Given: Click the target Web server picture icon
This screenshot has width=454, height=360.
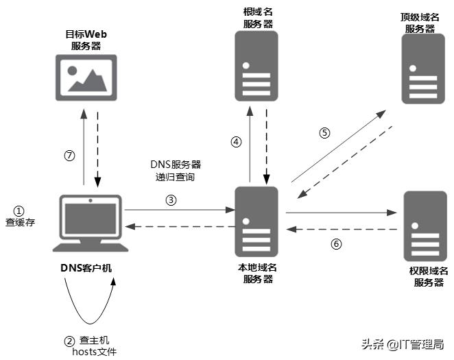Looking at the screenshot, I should [86, 76].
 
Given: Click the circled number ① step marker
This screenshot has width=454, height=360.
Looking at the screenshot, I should [19, 211].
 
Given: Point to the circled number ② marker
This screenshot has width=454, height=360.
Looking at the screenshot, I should [69, 340].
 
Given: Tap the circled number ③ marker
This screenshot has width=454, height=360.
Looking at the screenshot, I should [171, 200].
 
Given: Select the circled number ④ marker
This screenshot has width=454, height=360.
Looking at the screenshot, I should [236, 143].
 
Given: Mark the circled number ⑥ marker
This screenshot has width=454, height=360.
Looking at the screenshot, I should [335, 243].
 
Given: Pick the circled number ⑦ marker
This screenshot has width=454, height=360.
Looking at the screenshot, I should [69, 156].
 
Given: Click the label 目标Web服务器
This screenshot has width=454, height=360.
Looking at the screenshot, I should [86, 40].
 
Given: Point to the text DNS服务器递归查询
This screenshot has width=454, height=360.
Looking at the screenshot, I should [176, 171].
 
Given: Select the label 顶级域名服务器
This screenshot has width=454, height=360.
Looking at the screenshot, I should [420, 23].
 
